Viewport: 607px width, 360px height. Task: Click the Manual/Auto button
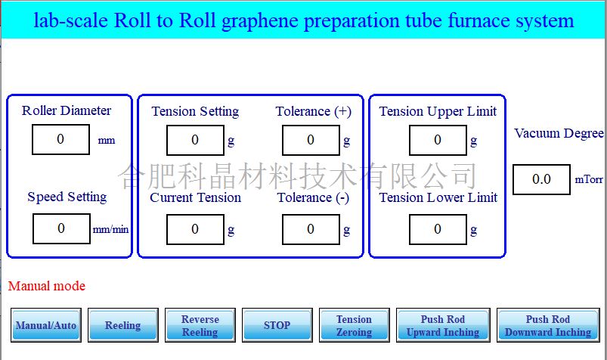pyautogui.click(x=45, y=325)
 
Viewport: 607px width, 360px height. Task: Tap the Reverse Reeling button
pyautogui.click(x=200, y=325)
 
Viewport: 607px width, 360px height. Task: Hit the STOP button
pyautogui.click(x=277, y=325)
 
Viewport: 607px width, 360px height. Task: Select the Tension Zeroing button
pyautogui.click(x=354, y=325)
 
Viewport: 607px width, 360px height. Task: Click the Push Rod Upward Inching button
pyautogui.click(x=442, y=325)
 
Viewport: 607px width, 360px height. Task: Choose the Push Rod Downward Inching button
pyautogui.click(x=547, y=325)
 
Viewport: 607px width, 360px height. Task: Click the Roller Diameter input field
pyautogui.click(x=61, y=140)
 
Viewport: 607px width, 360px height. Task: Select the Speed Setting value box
pyautogui.click(x=61, y=228)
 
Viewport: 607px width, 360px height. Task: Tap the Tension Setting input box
pyautogui.click(x=195, y=140)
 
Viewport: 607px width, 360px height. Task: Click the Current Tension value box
pyautogui.click(x=195, y=229)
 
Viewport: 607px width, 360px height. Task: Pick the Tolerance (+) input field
pyautogui.click(x=311, y=140)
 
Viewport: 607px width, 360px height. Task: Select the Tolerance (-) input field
pyautogui.click(x=311, y=229)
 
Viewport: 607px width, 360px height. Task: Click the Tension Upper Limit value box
pyautogui.click(x=438, y=140)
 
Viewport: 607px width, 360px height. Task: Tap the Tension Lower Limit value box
pyautogui.click(x=438, y=229)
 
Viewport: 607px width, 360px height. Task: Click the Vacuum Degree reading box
pyautogui.click(x=541, y=179)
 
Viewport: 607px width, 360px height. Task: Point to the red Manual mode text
pyautogui.click(x=47, y=286)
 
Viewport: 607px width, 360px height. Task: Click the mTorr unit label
pyautogui.click(x=589, y=180)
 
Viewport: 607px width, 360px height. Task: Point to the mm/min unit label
pyautogui.click(x=110, y=229)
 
